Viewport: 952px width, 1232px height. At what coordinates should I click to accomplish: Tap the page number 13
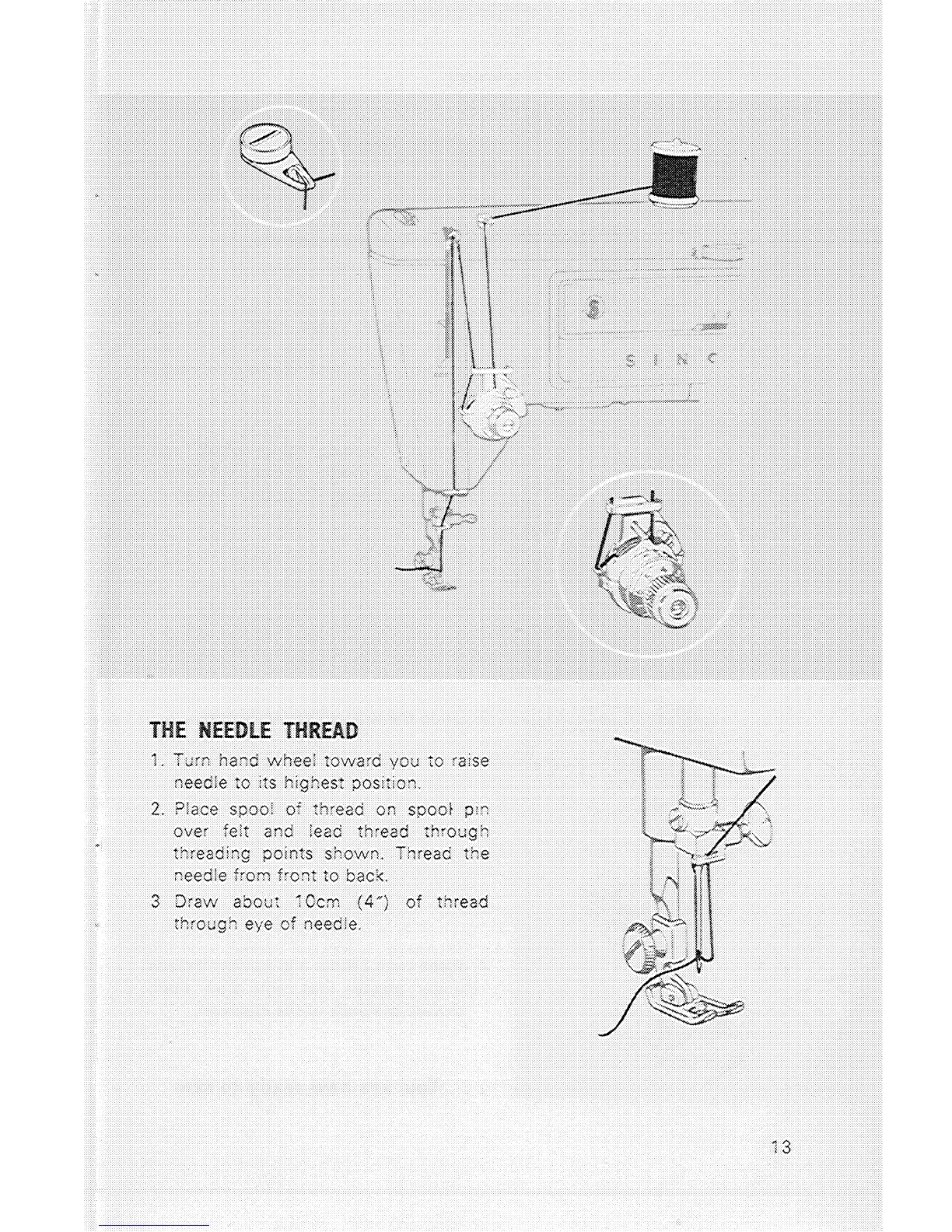pyautogui.click(x=781, y=1146)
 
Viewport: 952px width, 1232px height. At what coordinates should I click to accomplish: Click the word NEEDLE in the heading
pyautogui.click(x=234, y=731)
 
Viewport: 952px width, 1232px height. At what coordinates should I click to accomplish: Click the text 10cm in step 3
pyautogui.click(x=315, y=902)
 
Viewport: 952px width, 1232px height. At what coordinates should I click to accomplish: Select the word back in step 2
pyautogui.click(x=365, y=876)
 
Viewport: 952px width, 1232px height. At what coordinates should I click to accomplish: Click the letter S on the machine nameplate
pyautogui.click(x=630, y=360)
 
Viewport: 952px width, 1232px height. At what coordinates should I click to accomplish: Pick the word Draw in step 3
pyautogui.click(x=191, y=902)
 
